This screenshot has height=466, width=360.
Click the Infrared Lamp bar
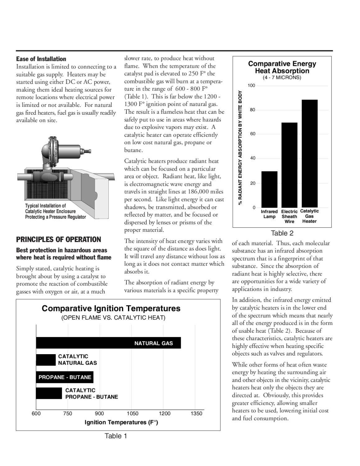click(269, 189)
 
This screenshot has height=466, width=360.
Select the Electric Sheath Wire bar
click(289, 165)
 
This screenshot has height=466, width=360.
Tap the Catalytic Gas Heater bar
click(309, 153)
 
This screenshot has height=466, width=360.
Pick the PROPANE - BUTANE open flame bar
click(65, 377)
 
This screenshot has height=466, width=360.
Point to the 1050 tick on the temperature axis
click(133, 413)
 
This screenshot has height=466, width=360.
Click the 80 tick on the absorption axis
click(252, 110)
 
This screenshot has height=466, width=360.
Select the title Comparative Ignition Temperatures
click(111, 308)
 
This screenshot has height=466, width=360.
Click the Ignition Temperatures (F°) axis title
click(121, 422)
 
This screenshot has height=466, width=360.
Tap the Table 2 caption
click(282, 233)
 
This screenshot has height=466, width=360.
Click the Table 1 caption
click(116, 436)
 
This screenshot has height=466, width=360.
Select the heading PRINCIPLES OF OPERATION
click(58, 240)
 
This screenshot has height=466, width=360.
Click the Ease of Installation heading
click(41, 59)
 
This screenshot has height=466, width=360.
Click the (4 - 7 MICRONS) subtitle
click(282, 77)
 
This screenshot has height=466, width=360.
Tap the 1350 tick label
click(196, 413)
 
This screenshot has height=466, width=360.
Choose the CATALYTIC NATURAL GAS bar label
click(77, 360)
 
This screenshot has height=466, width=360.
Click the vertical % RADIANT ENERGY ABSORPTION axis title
click(240, 148)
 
